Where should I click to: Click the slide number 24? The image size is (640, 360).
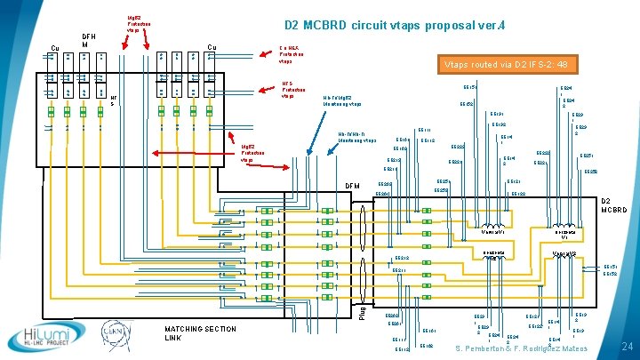tap(625, 346)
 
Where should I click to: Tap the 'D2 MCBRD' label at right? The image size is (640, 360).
tap(613, 205)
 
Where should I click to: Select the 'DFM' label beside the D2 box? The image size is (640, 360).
tap(353, 186)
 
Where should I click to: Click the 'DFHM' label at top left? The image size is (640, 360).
tap(88, 40)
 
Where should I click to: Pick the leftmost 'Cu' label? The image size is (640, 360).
tap(54, 49)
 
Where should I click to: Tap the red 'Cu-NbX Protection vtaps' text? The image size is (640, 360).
tap(294, 54)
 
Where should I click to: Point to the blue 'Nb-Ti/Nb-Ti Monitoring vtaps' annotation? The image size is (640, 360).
tap(357, 138)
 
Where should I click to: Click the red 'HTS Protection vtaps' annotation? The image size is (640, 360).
tap(293, 90)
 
